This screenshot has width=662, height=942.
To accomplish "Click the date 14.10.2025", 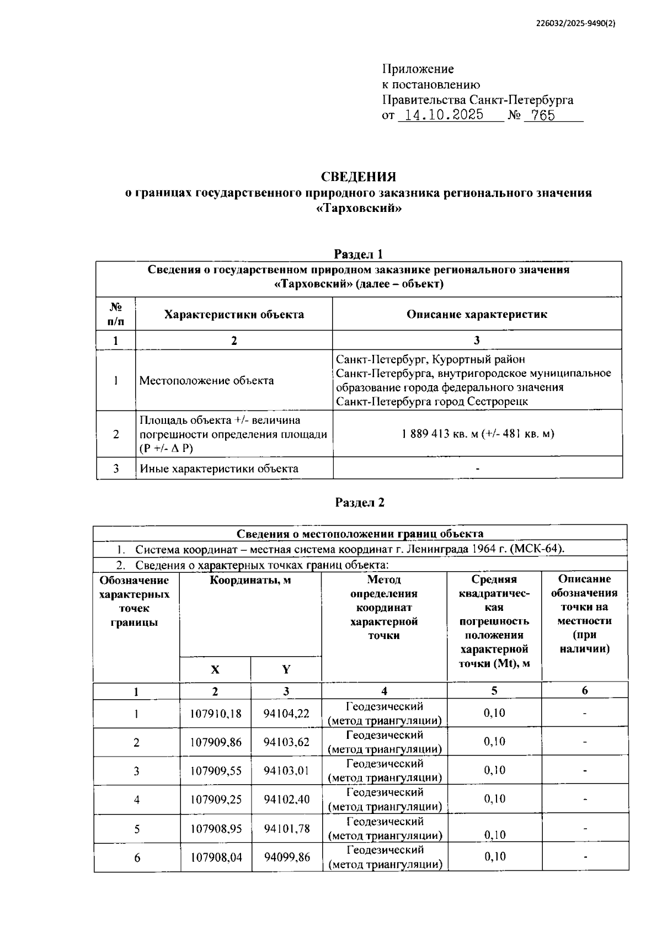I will click(444, 115).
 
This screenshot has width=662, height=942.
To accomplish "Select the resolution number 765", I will click(543, 115).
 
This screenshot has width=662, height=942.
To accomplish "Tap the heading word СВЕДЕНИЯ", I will click(359, 177).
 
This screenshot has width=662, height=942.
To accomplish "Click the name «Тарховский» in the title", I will click(359, 209).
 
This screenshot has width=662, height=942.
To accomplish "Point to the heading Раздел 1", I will click(359, 254).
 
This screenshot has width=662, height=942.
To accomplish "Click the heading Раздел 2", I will click(360, 502).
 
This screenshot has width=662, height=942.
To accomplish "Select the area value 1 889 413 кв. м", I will click(439, 434).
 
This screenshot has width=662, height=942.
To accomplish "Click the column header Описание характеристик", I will click(477, 315).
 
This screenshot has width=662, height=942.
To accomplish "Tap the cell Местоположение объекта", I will click(206, 380).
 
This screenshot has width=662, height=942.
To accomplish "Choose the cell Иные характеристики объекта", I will click(218, 469).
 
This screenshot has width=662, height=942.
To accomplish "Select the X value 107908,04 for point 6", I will click(216, 858).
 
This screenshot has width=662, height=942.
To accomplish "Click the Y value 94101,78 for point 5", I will click(286, 829).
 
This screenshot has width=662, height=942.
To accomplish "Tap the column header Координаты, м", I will click(250, 581).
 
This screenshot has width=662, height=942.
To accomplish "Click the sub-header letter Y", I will click(286, 669).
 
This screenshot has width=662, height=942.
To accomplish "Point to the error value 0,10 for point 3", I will click(494, 770).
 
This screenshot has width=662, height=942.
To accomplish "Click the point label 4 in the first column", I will click(136, 800).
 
